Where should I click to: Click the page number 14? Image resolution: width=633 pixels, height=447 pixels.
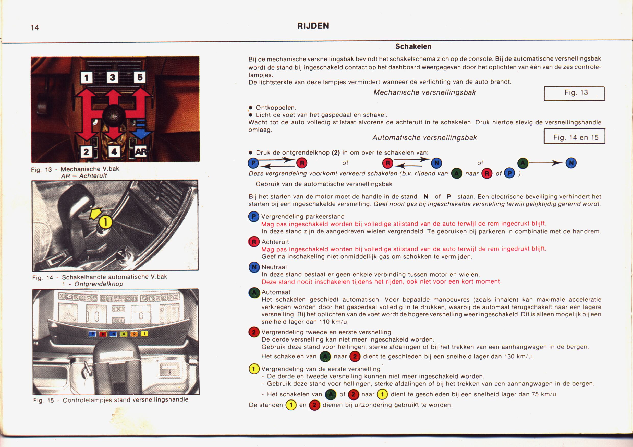(x=35, y=27)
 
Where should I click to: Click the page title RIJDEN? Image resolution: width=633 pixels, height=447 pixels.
(x=313, y=26)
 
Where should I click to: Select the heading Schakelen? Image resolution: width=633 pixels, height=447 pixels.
(x=413, y=46)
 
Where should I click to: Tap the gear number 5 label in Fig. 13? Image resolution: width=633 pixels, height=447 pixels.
(x=140, y=77)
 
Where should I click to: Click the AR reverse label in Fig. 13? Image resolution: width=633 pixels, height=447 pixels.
(x=141, y=151)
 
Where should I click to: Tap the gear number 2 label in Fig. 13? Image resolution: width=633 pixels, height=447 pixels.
(x=86, y=151)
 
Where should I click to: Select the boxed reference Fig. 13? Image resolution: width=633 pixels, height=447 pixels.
(x=574, y=93)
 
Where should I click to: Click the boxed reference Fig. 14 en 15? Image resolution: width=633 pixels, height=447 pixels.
(x=574, y=137)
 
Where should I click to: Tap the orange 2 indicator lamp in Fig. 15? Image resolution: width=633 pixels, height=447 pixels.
(x=134, y=334)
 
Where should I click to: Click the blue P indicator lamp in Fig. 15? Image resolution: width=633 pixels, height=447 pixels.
(x=93, y=334)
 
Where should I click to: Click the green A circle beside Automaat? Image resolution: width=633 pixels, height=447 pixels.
(x=254, y=293)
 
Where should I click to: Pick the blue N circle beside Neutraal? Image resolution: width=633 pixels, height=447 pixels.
(x=254, y=267)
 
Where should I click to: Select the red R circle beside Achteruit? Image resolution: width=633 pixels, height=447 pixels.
(x=254, y=242)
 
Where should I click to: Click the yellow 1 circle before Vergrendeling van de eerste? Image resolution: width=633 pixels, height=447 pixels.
(x=254, y=369)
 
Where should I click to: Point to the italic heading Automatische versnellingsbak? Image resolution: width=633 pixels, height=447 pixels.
(x=424, y=137)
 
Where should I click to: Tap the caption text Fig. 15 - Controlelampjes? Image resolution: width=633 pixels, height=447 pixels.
(x=111, y=400)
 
